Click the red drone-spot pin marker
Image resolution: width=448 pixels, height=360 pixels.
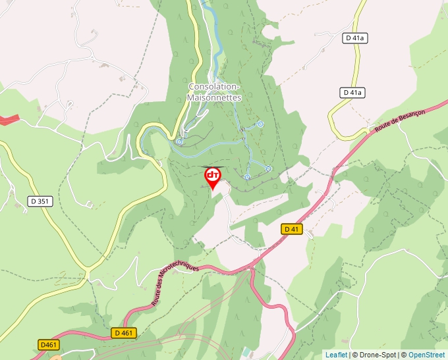(x=212, y=176)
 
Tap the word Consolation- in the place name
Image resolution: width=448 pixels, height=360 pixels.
(x=215, y=87)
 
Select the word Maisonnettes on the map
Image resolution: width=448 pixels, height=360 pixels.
(x=215, y=97)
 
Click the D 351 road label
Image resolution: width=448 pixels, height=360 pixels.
(x=40, y=201)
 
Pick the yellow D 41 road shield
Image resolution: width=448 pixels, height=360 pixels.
(x=292, y=229)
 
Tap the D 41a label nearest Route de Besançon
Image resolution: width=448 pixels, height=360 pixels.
(x=353, y=93)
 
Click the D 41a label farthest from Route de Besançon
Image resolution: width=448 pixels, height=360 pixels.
(x=356, y=38)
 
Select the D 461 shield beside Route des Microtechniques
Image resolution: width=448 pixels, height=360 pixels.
(x=123, y=333)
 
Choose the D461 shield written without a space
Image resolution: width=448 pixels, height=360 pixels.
(x=49, y=345)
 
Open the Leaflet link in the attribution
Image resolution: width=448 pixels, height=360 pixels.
(x=336, y=355)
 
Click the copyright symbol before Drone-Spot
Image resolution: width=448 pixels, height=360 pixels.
(x=354, y=355)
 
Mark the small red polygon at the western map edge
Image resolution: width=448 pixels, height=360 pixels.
(x=9, y=119)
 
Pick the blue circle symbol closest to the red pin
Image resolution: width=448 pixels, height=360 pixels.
(x=247, y=176)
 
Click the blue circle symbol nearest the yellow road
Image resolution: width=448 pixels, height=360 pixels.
(x=179, y=141)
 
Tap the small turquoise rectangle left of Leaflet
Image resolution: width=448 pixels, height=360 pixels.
(x=246, y=353)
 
